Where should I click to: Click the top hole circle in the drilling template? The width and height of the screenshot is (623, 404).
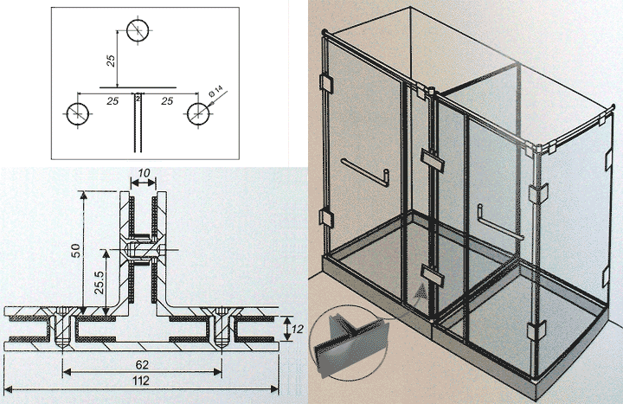[x=138, y=30]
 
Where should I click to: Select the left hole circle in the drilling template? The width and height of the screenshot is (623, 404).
[x=78, y=113]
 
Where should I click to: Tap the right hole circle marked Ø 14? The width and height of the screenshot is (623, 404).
[x=198, y=113]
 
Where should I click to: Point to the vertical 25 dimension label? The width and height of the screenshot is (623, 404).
[x=112, y=61]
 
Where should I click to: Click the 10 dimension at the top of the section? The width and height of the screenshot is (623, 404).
[x=144, y=173]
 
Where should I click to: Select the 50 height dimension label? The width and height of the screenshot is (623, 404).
[x=75, y=251]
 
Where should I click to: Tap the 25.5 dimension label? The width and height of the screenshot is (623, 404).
[x=99, y=282]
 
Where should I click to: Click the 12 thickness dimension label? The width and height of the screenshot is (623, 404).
[x=297, y=329]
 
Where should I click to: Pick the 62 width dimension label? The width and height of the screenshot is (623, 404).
[x=142, y=364]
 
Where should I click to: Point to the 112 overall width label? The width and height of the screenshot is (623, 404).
[x=141, y=381]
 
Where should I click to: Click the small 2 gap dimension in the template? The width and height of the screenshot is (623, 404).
[x=138, y=98]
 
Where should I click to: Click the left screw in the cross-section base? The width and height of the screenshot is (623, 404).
[x=63, y=327]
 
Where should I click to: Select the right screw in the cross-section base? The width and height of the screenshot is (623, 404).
[x=221, y=327]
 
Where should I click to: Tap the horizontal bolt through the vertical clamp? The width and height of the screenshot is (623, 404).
[x=146, y=249]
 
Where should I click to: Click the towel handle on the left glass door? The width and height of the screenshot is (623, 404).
[x=365, y=172]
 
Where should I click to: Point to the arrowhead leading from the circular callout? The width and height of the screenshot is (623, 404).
[x=421, y=292]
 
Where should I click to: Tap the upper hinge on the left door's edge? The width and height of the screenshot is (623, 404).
[x=326, y=83]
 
